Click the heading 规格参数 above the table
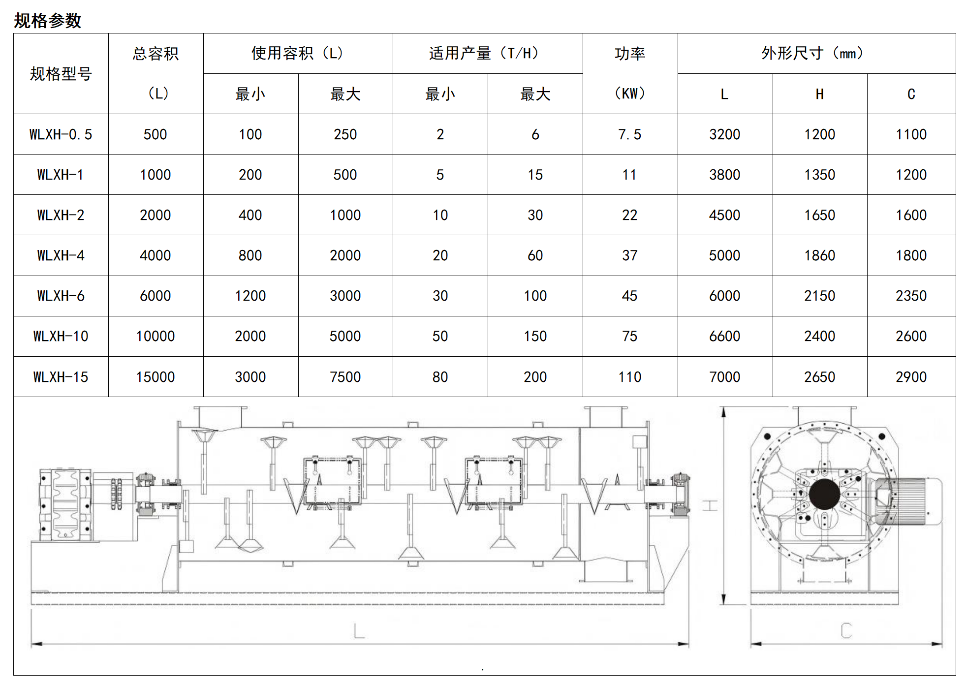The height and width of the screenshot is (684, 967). [47, 21]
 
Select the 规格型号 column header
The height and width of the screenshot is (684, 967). [61, 74]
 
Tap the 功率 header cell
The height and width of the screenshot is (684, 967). [629, 54]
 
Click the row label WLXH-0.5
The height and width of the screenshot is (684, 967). [61, 134]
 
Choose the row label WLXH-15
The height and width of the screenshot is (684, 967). [61, 377]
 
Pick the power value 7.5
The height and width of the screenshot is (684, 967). [629, 134]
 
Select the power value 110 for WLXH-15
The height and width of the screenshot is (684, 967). [629, 377]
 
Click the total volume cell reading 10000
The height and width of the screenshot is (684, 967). [156, 336]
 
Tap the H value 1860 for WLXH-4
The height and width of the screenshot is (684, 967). [819, 255]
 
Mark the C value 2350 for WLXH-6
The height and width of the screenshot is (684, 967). [911, 296]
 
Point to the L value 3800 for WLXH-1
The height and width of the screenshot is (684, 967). [724, 175]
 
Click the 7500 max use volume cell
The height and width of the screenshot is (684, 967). [345, 377]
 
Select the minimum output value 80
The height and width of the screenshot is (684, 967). [440, 377]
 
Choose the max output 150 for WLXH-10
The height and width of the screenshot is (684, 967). [535, 336]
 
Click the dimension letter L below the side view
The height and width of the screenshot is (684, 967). [359, 631]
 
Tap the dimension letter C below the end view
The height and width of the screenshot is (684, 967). [846, 630]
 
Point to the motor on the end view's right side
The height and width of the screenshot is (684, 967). [910, 500]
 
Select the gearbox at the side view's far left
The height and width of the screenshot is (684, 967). [65, 504]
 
